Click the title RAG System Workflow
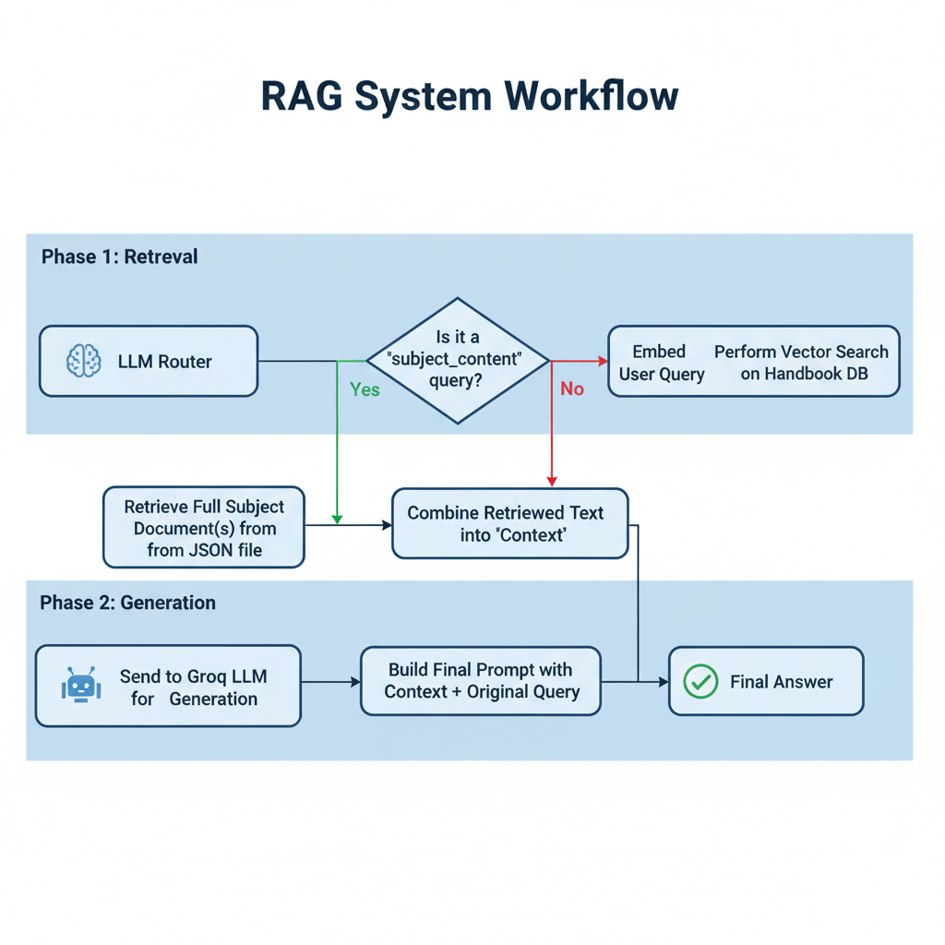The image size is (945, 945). [470, 96]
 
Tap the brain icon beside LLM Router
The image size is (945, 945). [84, 361]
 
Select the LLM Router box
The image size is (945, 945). [149, 361]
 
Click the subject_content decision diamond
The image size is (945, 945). [458, 361]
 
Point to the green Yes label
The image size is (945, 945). [365, 389]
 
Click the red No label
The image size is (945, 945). [572, 389]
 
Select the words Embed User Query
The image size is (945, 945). [661, 362]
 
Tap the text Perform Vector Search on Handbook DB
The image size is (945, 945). [802, 362]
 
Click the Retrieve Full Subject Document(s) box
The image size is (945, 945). [204, 527]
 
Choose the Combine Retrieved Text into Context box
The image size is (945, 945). [510, 523]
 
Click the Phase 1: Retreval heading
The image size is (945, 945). [119, 257]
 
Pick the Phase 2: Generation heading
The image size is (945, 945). [127, 603]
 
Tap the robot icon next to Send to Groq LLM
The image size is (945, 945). [81, 685]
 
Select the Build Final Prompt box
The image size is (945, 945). [481, 681]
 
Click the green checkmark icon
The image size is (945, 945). [700, 682]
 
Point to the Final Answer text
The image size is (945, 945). [781, 682]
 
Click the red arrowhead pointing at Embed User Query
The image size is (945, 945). [603, 361]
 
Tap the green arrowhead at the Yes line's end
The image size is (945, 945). [337, 520]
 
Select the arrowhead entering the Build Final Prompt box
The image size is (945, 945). [355, 682]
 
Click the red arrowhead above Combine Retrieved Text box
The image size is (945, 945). [552, 482]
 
